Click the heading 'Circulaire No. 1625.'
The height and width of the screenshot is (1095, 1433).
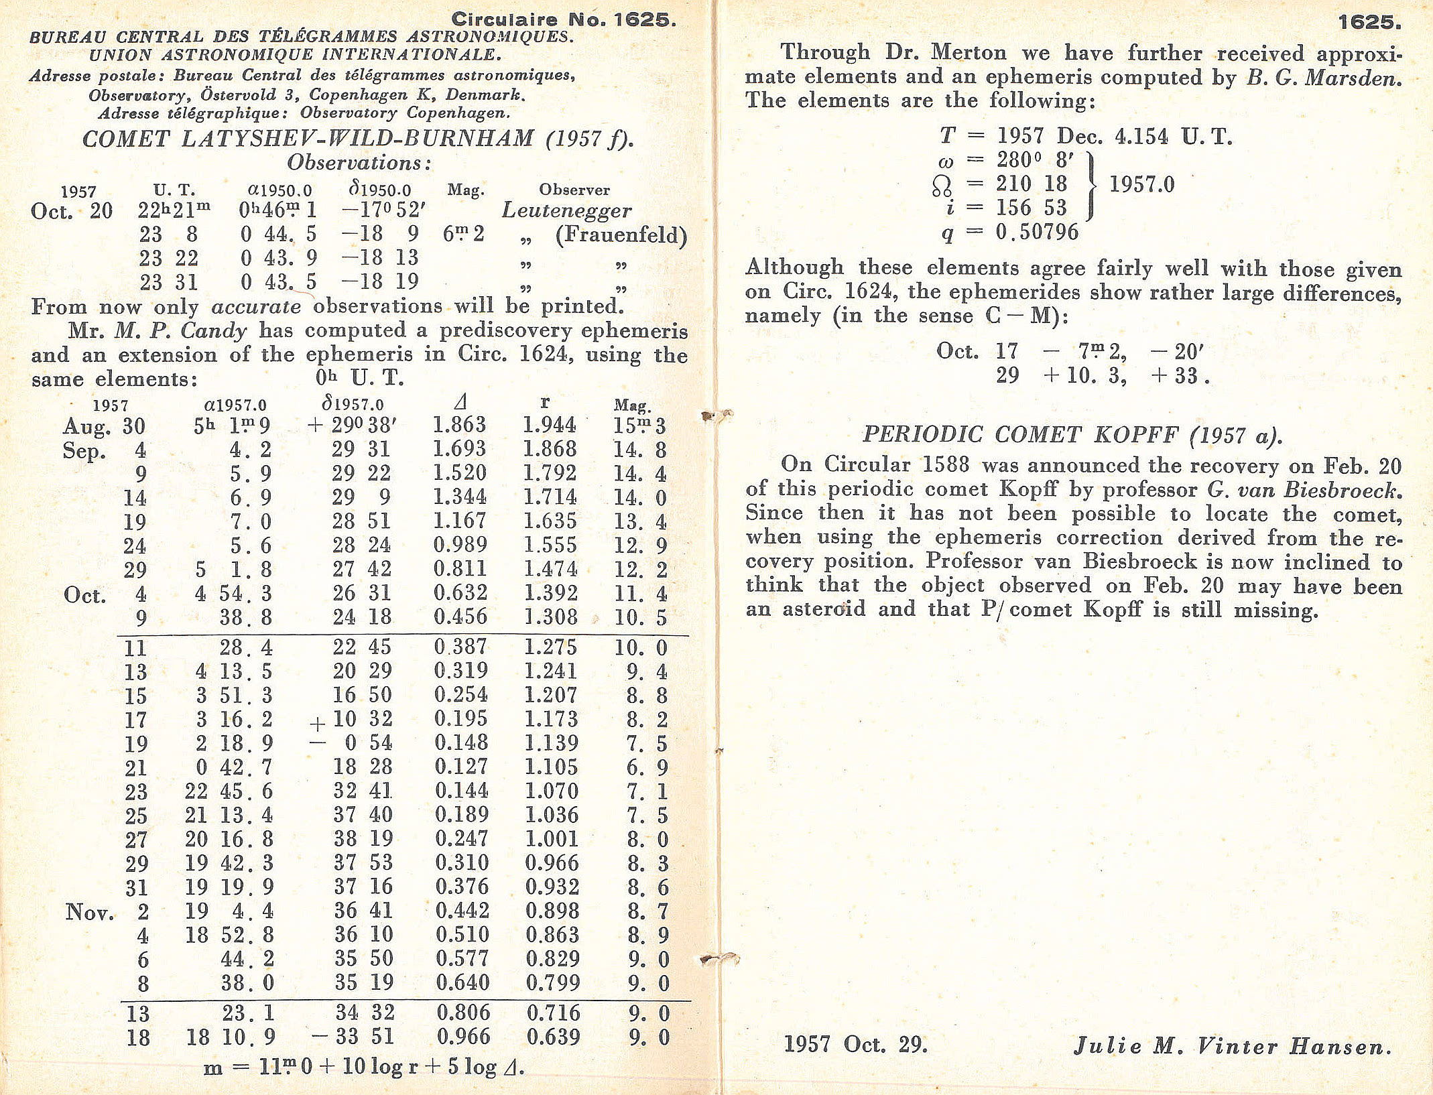tap(563, 19)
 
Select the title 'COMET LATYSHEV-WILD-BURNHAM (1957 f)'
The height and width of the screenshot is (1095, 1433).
tap(357, 139)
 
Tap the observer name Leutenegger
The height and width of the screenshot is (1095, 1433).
tap(566, 211)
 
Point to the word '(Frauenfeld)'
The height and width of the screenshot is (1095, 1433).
tap(621, 235)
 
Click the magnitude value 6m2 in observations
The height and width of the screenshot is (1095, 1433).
tap(463, 234)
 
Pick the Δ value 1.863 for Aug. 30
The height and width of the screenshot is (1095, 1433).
tap(459, 425)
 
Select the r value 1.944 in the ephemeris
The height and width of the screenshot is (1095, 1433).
tap(549, 425)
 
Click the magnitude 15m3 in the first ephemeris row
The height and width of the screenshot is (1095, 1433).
tap(639, 426)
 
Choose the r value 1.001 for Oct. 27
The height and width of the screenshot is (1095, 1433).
tap(551, 839)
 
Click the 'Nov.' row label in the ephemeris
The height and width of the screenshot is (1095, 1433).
tap(89, 912)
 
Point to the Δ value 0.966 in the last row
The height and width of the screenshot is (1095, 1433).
tap(463, 1037)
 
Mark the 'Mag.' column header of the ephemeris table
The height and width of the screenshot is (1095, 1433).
tap(632, 405)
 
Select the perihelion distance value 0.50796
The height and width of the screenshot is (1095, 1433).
tap(1037, 233)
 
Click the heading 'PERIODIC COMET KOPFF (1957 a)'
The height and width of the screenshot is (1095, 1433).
tap(1072, 435)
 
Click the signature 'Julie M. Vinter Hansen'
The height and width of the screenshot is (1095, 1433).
tap(1233, 1046)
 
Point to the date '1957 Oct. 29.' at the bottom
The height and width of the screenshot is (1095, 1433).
tap(855, 1045)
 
